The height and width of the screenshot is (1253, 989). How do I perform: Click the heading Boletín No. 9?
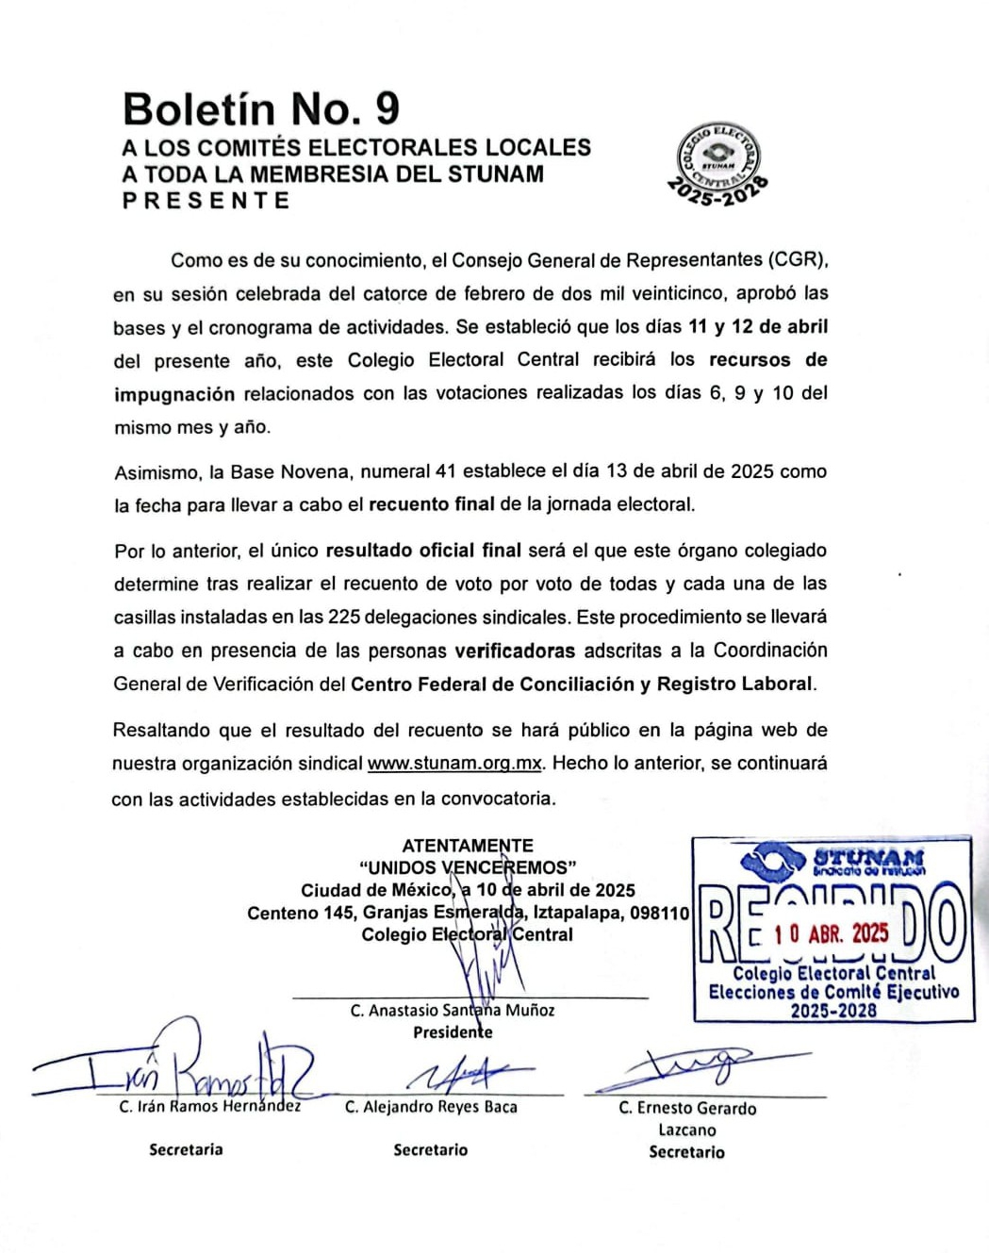pyautogui.click(x=261, y=109)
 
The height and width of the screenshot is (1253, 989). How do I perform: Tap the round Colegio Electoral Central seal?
pyautogui.click(x=719, y=162)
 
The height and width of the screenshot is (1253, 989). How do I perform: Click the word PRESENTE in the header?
pyautogui.click(x=206, y=201)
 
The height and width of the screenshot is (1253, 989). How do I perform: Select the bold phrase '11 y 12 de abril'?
pyautogui.click(x=758, y=326)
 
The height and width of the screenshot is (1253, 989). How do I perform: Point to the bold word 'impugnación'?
pyautogui.click(x=174, y=394)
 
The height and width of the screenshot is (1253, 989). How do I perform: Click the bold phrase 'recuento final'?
pyautogui.click(x=431, y=504)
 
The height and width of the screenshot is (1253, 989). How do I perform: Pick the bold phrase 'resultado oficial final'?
pyautogui.click(x=422, y=550)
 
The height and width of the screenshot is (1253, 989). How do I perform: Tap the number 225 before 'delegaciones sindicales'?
pyautogui.click(x=343, y=618)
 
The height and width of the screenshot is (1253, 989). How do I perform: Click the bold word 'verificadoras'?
pyautogui.click(x=515, y=651)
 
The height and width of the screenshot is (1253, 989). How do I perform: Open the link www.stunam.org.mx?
pyautogui.click(x=454, y=764)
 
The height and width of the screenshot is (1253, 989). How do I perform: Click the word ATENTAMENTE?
pyautogui.click(x=468, y=846)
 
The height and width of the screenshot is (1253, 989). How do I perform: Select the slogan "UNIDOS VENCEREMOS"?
pyautogui.click(x=468, y=867)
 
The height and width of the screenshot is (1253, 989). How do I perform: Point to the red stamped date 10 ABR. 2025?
pyautogui.click(x=831, y=933)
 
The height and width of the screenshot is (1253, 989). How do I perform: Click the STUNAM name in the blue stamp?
pyautogui.click(x=868, y=857)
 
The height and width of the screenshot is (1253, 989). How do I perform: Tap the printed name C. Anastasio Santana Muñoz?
pyautogui.click(x=453, y=1011)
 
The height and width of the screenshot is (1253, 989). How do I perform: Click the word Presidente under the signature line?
pyautogui.click(x=453, y=1032)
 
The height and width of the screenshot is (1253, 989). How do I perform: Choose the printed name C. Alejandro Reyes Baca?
pyautogui.click(x=431, y=1107)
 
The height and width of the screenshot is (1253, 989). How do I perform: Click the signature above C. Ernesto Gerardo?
pyautogui.click(x=698, y=1067)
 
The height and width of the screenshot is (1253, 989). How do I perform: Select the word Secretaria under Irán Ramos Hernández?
pyautogui.click(x=186, y=1149)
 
